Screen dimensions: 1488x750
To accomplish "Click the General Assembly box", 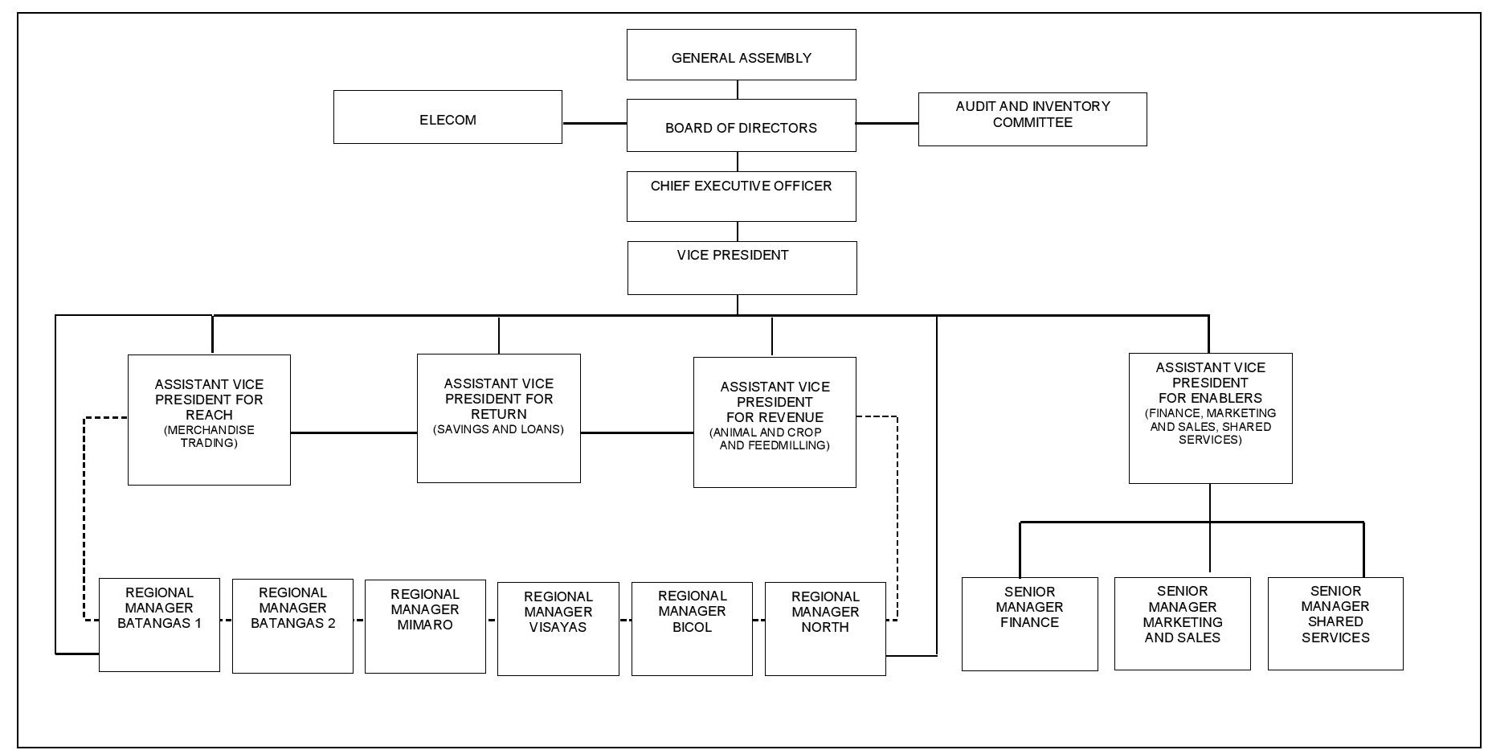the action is pos(741,55).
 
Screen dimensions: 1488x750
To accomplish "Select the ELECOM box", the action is pos(448,117).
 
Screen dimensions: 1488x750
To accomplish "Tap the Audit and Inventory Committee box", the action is pos(1032,119).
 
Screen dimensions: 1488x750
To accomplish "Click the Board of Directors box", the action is pos(741,125).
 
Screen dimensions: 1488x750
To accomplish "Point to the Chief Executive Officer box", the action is pos(741,196).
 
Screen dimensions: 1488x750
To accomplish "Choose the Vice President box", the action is pos(742,268).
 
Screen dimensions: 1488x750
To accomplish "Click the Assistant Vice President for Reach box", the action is pos(209,420).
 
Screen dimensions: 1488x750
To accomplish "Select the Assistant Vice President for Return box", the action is pos(498,418).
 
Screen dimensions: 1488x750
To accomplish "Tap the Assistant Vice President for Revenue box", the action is pos(775,422).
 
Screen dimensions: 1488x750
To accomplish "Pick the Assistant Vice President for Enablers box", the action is pos(1210,418).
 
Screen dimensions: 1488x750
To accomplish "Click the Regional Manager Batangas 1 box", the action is pos(159,625).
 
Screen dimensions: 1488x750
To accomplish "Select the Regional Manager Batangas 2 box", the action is pos(292,625).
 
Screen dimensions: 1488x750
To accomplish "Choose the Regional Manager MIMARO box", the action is pos(425,626).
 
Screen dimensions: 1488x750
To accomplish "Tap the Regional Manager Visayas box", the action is pos(558,629).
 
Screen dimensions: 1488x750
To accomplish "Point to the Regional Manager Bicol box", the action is pos(692,629).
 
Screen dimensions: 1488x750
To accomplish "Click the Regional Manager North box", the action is pos(825,629).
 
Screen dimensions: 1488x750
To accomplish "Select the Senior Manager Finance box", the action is pos(1029,624).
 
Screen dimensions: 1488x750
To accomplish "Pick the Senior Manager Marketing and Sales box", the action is pos(1182,623).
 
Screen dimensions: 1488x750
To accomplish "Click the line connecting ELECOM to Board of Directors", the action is pos(595,123).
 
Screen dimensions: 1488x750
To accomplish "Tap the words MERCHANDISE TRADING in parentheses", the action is pos(209,436).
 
